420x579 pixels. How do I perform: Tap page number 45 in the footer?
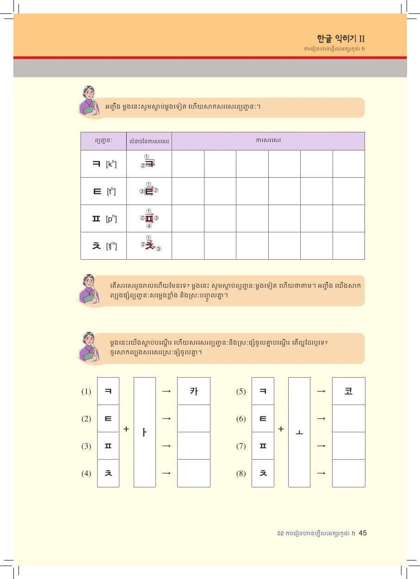tap(363, 533)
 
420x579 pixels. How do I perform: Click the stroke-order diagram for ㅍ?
tap(149, 218)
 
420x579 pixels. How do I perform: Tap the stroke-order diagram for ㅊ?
tap(149, 245)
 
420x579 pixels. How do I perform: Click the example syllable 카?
tap(194, 391)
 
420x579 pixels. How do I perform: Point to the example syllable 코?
tap(349, 391)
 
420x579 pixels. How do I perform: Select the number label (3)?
tap(86, 446)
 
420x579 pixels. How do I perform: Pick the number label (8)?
tap(241, 473)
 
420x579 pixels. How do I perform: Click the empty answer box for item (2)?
tap(194, 418)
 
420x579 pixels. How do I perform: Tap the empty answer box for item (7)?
tap(349, 446)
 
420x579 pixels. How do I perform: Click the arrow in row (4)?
tap(167, 473)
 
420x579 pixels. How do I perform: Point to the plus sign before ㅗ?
tap(281, 429)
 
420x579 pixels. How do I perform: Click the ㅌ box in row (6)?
tap(263, 418)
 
